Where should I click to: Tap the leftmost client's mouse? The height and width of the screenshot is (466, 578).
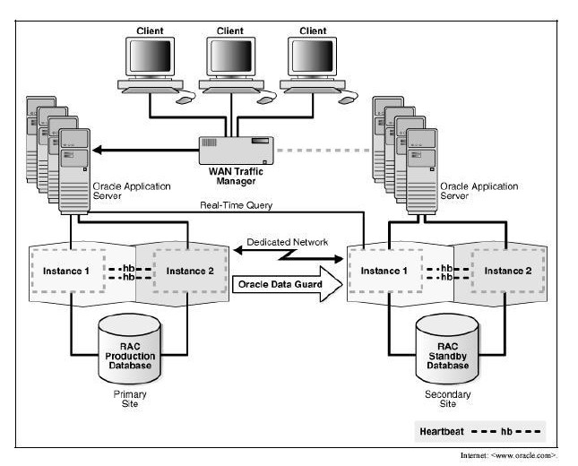(185, 100)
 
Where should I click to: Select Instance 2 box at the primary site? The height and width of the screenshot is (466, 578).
(185, 270)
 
